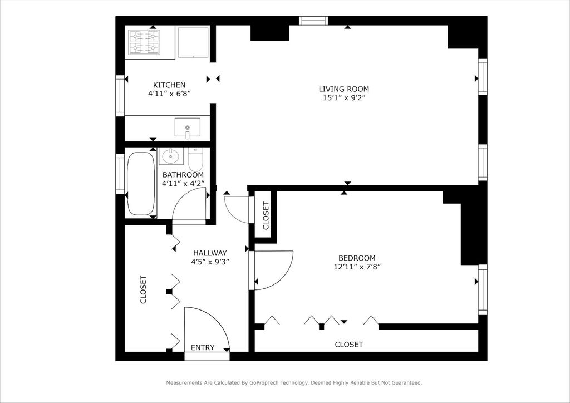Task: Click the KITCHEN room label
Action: coord(169,85)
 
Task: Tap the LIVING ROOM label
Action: coord(343,89)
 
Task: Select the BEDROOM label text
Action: coord(357,258)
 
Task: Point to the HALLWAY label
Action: coord(210,253)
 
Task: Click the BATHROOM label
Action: coord(183,175)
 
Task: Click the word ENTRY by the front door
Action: coord(203,348)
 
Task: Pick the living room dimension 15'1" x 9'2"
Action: coord(343,98)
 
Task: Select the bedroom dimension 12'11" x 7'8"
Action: coord(357,267)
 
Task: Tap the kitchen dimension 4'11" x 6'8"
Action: coord(169,94)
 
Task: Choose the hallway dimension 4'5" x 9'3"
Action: coord(210,262)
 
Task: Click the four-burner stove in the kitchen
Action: coord(144,42)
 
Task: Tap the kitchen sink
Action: coord(187,127)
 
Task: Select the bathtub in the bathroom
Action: coord(140,184)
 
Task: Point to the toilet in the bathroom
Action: coord(195,160)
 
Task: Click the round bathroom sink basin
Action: coord(170,156)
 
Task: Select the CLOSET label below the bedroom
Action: coord(349,345)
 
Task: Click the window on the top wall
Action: coord(314,21)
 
